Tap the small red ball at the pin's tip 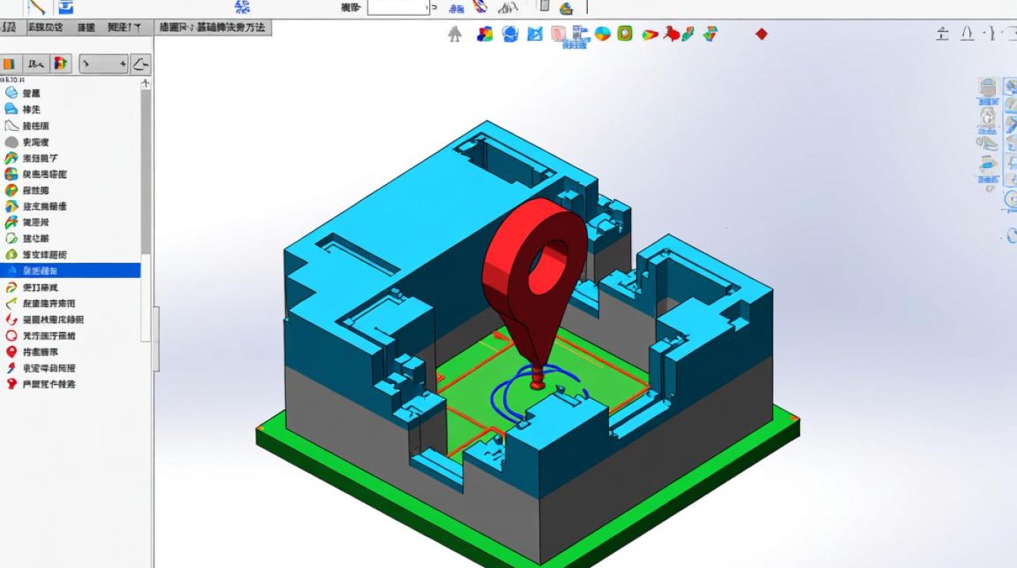[537, 385]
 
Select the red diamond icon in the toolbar [761, 34]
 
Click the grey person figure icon [455, 34]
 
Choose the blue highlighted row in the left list [70, 270]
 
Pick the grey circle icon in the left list [11, 142]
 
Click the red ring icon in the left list [11, 335]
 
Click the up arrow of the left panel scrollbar [145, 83]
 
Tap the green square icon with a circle [624, 34]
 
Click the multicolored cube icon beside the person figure [485, 34]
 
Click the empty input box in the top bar [398, 8]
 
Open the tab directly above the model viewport [213, 27]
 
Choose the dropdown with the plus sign [104, 64]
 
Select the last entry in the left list [45, 384]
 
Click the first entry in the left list [30, 93]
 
